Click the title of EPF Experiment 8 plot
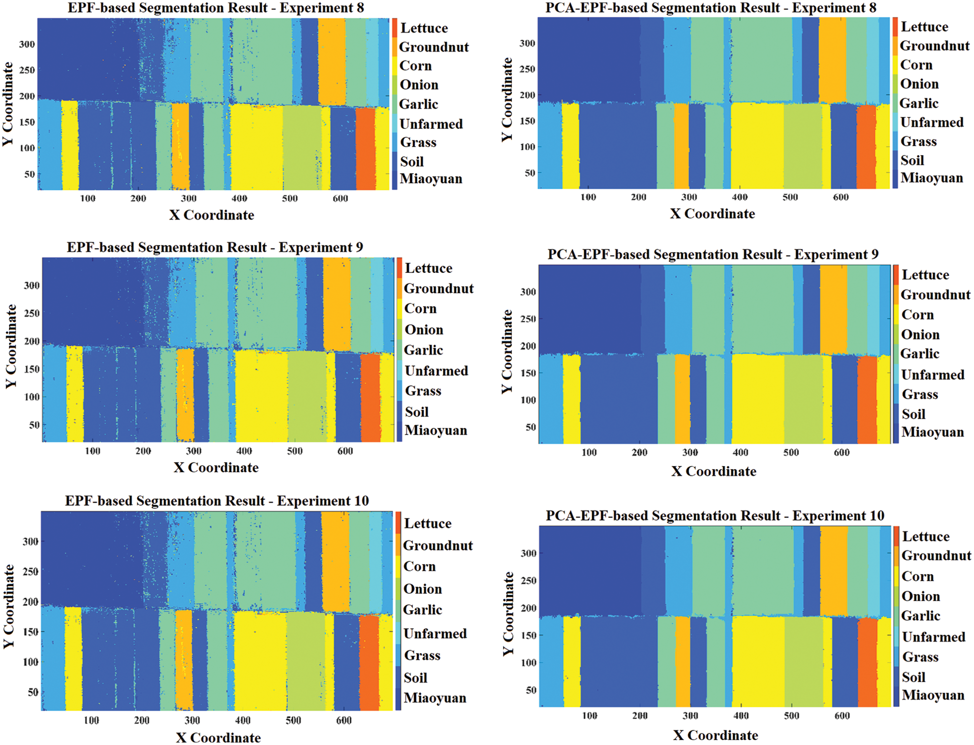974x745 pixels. [x=216, y=8]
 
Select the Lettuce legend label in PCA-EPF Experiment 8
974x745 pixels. [x=924, y=27]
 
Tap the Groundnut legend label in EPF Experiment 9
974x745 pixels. [x=439, y=288]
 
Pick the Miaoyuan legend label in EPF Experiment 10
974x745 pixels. [x=435, y=698]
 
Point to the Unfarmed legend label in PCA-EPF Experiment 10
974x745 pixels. [x=933, y=637]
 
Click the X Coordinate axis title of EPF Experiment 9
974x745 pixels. [x=216, y=468]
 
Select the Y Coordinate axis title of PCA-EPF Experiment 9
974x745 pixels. [x=507, y=352]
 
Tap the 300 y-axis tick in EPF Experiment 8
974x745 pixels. [x=27, y=44]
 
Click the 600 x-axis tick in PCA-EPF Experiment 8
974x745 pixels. [x=841, y=197]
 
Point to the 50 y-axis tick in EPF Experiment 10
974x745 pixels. [x=32, y=692]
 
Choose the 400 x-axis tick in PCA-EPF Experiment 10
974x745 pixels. [x=741, y=716]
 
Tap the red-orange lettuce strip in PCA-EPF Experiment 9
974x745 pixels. [x=867, y=399]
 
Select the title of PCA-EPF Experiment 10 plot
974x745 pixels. [x=715, y=515]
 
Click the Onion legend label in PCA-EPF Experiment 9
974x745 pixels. [x=920, y=334]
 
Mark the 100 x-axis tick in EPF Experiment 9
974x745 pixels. [x=92, y=451]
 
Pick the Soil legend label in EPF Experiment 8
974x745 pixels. [x=412, y=162]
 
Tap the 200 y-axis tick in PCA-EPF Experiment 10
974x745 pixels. [x=528, y=608]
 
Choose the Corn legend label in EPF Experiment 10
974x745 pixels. [x=419, y=566]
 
